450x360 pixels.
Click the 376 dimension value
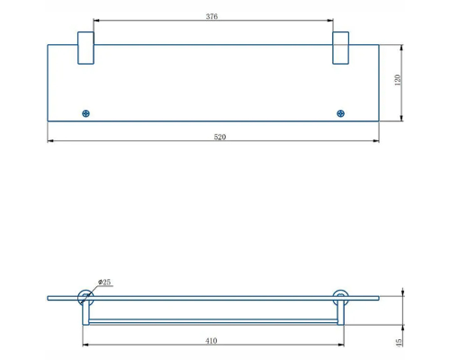point(211,16)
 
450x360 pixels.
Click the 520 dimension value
point(220,137)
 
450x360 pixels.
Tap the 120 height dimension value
point(398,80)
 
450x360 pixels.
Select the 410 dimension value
point(211,341)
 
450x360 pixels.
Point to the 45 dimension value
point(399,343)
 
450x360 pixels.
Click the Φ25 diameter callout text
point(104,282)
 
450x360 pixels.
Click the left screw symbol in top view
point(85,113)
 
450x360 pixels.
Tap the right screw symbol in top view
point(340,113)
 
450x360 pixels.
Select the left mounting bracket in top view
point(85,48)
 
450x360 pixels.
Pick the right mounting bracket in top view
point(340,48)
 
